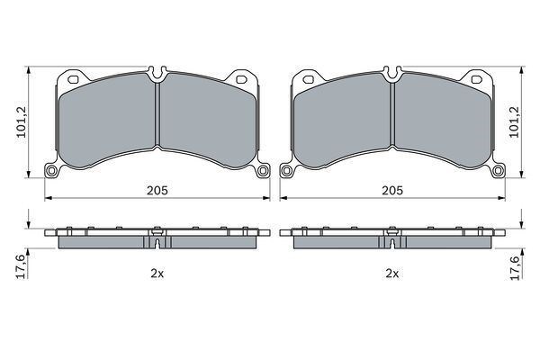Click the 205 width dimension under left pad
click(157, 190)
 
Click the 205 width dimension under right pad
click(391, 190)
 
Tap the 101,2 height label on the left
click(22, 121)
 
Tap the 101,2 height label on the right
click(514, 121)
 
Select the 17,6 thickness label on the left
click(21, 266)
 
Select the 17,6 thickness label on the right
click(514, 268)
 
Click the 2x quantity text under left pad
click(157, 274)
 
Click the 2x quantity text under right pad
click(391, 274)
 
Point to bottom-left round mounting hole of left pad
click(51, 170)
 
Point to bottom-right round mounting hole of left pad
click(263, 170)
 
